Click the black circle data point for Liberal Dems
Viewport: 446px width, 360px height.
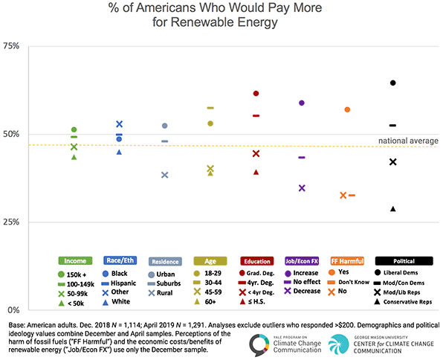[392, 83]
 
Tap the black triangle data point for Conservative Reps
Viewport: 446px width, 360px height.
[392, 209]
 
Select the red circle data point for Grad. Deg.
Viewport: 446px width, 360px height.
[256, 94]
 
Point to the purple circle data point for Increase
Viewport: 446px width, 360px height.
[302, 103]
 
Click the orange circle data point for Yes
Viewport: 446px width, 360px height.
[347, 110]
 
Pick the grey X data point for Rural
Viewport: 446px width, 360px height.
[165, 175]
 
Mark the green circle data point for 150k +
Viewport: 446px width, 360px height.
[74, 129]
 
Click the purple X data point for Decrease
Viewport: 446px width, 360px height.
[302, 188]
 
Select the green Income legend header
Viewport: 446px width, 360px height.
[74, 261]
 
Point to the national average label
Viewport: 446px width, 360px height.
[408, 141]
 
